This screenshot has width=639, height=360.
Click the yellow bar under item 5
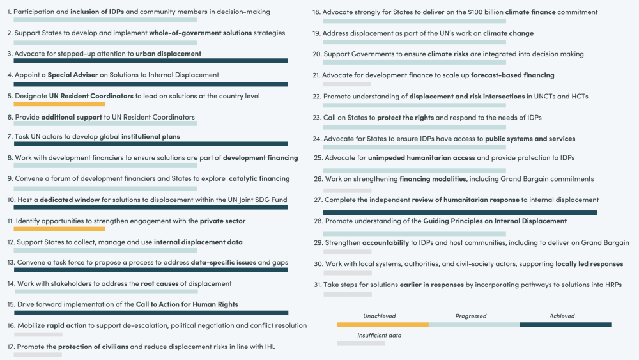59,104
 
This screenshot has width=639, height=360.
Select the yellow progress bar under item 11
59,228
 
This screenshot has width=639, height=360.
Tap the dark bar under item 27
460,212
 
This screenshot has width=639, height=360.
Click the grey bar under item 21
347,84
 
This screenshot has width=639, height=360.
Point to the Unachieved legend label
380,316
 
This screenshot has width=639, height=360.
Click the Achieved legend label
562,316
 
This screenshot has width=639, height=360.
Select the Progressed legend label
471,316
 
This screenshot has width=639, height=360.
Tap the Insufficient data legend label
380,335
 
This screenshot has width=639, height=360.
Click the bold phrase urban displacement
168,54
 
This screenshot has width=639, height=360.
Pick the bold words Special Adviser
73,75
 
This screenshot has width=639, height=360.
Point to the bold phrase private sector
222,221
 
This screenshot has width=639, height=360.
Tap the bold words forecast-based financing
512,75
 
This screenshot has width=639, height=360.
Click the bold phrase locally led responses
589,264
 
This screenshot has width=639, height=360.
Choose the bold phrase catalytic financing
259,178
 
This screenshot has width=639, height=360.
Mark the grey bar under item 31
347,294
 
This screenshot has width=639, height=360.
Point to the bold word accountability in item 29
385,243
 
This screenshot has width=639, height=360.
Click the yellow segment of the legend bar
383,325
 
